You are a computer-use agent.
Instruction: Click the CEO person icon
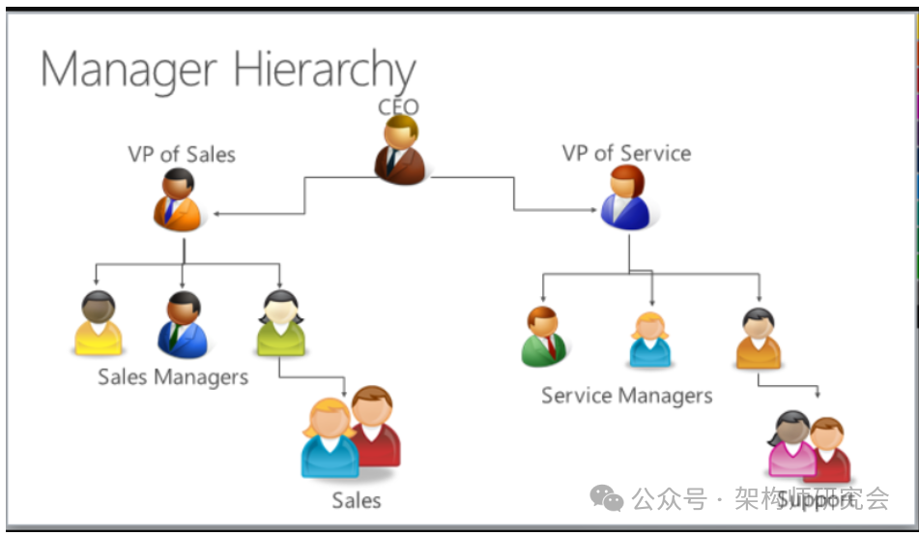click(x=399, y=151)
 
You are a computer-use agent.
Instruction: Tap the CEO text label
click(x=398, y=105)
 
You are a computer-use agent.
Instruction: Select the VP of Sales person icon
click(x=179, y=200)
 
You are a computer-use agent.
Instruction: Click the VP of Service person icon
click(x=625, y=198)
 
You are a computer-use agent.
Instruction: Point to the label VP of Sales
click(x=182, y=154)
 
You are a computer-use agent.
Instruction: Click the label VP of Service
click(x=626, y=153)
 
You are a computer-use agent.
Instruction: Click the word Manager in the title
click(x=129, y=70)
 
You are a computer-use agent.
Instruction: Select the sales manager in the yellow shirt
click(x=99, y=324)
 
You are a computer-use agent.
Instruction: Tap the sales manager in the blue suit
click(x=182, y=326)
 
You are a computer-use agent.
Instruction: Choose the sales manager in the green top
click(x=280, y=324)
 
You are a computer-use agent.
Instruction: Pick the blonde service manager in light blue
click(x=650, y=341)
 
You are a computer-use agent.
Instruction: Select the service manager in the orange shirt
click(x=758, y=340)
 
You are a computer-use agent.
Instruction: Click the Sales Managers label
click(x=173, y=376)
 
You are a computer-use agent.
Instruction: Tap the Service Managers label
click(x=626, y=396)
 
